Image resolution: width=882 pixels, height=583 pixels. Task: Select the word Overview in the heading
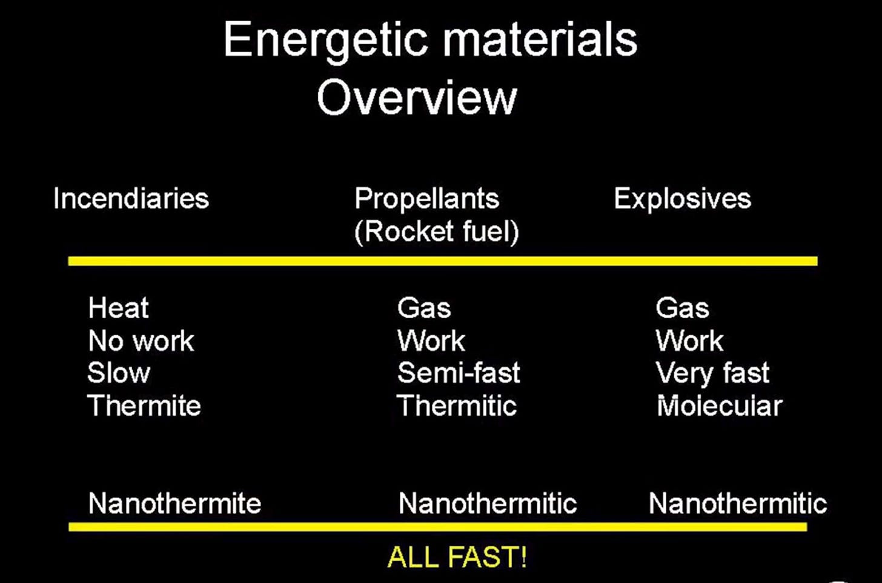(417, 98)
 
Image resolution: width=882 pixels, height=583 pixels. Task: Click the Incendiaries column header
(131, 198)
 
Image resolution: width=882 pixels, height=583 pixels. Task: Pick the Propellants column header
(427, 198)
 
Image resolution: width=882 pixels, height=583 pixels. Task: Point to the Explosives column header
(682, 198)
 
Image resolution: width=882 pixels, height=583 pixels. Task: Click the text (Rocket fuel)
(437, 232)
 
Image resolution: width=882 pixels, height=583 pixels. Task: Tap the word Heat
(119, 307)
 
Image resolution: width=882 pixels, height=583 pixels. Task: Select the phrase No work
(141, 341)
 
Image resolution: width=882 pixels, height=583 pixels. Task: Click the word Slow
(119, 373)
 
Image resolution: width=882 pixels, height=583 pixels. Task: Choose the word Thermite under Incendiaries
(144, 405)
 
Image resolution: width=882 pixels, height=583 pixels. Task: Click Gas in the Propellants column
(423, 307)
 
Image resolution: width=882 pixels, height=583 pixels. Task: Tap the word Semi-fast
(459, 373)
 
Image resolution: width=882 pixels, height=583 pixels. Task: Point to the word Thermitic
(457, 405)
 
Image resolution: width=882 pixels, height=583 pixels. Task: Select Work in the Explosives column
(689, 341)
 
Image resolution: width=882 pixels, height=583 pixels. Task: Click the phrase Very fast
(712, 373)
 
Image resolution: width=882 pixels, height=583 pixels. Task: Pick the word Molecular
(720, 405)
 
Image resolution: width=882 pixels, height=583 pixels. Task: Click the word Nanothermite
(175, 503)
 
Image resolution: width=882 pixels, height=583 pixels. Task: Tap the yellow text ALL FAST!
(457, 556)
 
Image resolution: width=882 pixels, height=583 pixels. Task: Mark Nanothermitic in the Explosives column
(738, 503)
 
